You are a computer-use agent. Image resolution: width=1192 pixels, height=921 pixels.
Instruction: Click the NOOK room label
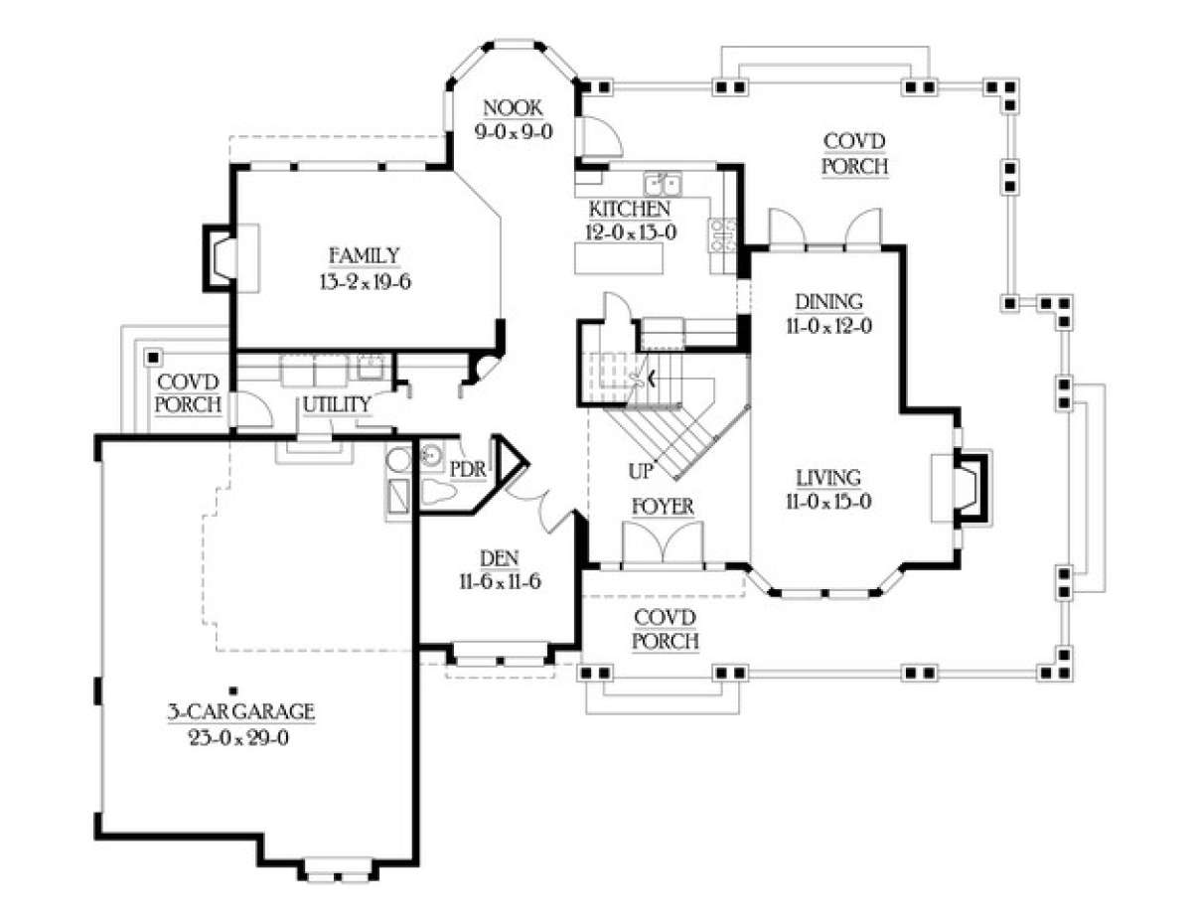[514, 108]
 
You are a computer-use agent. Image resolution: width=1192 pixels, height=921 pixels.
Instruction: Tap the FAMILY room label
[365, 255]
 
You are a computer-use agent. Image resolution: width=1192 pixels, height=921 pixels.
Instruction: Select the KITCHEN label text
[630, 209]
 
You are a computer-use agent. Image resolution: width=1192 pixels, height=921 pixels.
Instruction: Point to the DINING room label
[828, 302]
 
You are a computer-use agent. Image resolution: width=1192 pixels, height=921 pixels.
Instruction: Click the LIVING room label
[828, 478]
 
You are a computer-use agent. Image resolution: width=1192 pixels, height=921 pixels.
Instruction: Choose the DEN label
[500, 558]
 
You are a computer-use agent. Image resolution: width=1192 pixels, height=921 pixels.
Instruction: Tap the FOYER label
[663, 507]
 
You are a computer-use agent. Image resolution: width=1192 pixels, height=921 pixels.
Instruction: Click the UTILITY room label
[337, 404]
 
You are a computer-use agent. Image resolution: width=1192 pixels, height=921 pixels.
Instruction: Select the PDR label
[468, 470]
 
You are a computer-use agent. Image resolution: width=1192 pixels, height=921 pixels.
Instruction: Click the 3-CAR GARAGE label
[241, 712]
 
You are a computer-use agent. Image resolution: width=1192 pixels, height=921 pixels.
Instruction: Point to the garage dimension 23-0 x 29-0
[239, 738]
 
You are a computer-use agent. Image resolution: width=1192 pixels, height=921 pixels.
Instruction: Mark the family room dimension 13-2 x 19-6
[366, 282]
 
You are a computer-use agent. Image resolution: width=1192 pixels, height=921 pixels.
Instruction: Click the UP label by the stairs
[640, 471]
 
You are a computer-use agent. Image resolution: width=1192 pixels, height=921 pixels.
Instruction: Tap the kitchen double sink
[663, 184]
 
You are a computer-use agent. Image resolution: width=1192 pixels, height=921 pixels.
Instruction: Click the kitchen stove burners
[722, 234]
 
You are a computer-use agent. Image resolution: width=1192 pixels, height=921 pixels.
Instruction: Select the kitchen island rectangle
[619, 258]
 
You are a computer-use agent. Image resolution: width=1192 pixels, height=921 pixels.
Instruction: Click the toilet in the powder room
[438, 492]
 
